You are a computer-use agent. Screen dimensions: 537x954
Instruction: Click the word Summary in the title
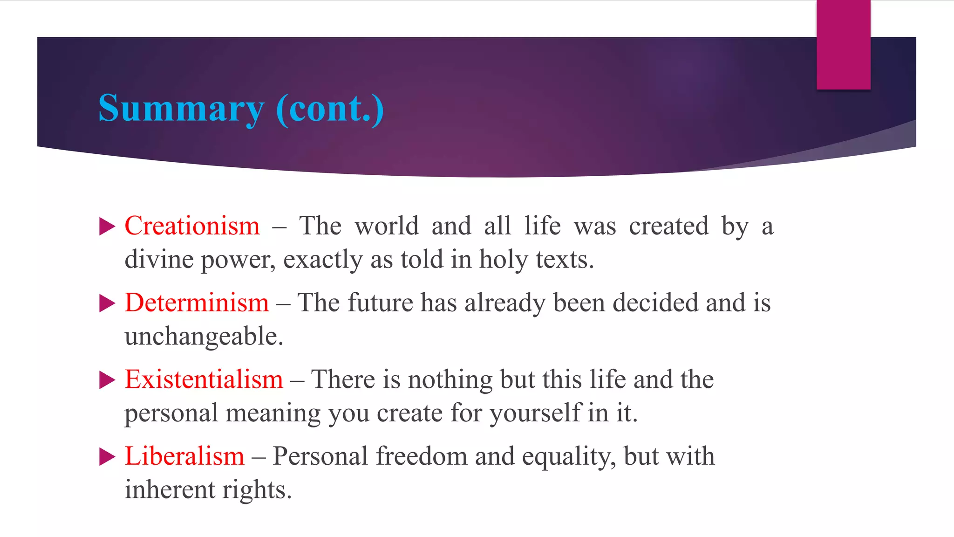coord(181,109)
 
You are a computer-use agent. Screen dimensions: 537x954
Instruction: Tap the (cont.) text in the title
coord(330,109)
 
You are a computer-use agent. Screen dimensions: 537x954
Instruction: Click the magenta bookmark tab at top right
coord(843,45)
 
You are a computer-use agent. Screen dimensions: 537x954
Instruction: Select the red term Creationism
coord(192,226)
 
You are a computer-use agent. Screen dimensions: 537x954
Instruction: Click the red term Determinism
coord(197,303)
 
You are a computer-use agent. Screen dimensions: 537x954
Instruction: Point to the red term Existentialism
coord(204,379)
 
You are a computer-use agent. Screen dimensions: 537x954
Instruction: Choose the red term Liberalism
coord(184,456)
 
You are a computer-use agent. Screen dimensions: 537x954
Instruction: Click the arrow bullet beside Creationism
coord(107,227)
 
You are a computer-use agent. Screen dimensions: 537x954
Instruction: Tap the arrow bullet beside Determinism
coord(107,304)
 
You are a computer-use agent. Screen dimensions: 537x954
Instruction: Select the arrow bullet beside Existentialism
coord(107,380)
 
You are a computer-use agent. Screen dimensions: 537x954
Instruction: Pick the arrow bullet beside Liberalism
coord(107,457)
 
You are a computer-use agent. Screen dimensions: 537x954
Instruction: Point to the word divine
coord(159,260)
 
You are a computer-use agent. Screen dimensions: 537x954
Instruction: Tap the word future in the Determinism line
coord(381,303)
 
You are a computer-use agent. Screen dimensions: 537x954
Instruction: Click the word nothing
coord(450,379)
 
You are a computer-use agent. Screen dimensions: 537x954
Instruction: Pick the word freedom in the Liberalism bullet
coord(422,456)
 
